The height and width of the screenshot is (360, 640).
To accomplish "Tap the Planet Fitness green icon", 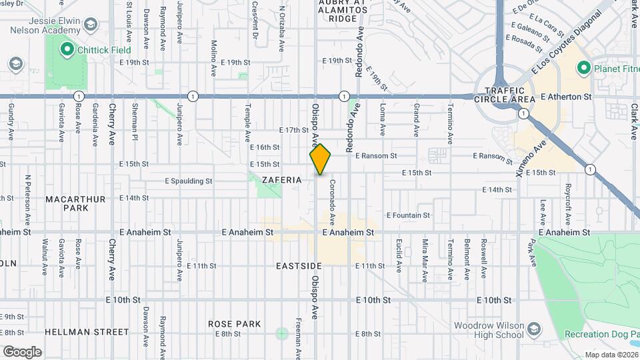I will pyautogui.click(x=583, y=67).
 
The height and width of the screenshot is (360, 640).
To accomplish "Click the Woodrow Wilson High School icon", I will pyautogui.click(x=535, y=329).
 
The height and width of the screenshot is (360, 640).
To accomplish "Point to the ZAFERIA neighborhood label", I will pyautogui.click(x=282, y=180).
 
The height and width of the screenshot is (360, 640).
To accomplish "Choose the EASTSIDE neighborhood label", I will pyautogui.click(x=299, y=266).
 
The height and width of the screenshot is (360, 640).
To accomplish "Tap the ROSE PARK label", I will pyautogui.click(x=234, y=324).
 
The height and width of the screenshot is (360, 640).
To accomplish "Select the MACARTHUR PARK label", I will pyautogui.click(x=67, y=203).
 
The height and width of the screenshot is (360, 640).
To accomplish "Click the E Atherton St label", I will pyautogui.click(x=566, y=97).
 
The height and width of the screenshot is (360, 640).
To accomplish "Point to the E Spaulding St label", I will pyautogui.click(x=189, y=181).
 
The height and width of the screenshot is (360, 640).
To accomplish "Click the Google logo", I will pyautogui.click(x=22, y=351).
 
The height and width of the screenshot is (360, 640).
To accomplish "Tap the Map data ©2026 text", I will pyautogui.click(x=611, y=355).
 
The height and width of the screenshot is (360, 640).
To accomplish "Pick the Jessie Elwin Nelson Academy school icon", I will pyautogui.click(x=90, y=25).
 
